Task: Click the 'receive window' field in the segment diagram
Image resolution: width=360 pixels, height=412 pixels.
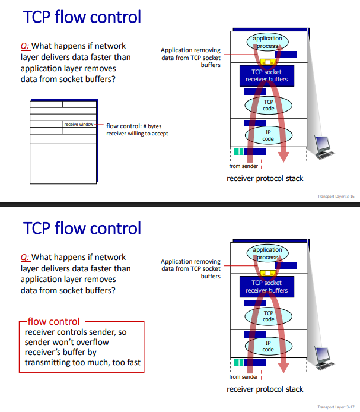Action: (x=79, y=124)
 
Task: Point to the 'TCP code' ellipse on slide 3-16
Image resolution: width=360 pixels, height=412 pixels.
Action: (x=269, y=105)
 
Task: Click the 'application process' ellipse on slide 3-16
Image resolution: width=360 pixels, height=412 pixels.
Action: (x=268, y=42)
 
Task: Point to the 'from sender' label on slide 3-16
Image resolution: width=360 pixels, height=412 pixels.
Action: (x=243, y=166)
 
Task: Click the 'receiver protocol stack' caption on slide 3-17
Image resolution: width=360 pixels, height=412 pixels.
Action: (x=265, y=389)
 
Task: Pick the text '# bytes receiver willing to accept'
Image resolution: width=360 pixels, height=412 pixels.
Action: (x=137, y=129)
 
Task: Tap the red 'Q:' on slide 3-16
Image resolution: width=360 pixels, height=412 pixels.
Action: (x=25, y=46)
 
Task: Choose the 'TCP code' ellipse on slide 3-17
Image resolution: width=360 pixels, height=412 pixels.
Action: (x=269, y=316)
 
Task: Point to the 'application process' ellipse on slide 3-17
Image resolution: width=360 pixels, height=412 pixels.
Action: (x=268, y=253)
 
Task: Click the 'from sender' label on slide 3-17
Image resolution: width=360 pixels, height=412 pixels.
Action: (x=243, y=377)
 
